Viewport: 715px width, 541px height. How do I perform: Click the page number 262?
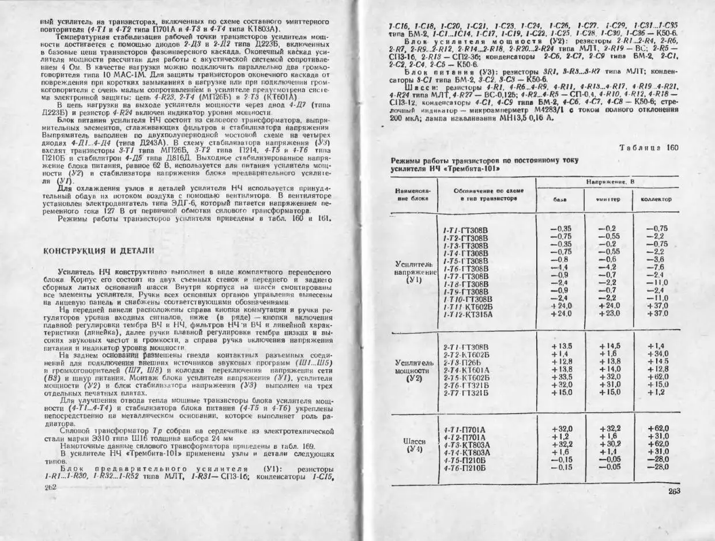(51, 487)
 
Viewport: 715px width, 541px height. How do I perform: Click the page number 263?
(674, 491)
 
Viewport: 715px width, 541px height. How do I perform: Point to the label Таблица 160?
(649, 147)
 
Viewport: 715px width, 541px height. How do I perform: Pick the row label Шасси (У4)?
(415, 445)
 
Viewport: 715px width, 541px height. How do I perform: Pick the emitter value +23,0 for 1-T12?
(609, 313)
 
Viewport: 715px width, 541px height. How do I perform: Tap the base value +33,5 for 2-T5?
(561, 377)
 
